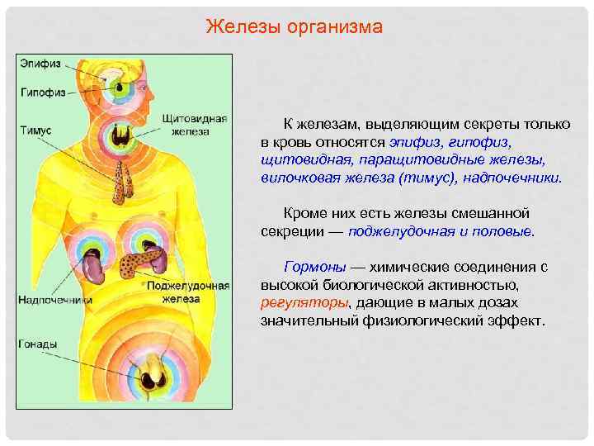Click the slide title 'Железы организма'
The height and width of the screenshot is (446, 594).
pos(294,27)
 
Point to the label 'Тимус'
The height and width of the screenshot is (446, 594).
pos(35,130)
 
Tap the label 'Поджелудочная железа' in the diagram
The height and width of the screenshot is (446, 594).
pos(188,292)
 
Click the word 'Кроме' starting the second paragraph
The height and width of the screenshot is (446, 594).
pos(304,213)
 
